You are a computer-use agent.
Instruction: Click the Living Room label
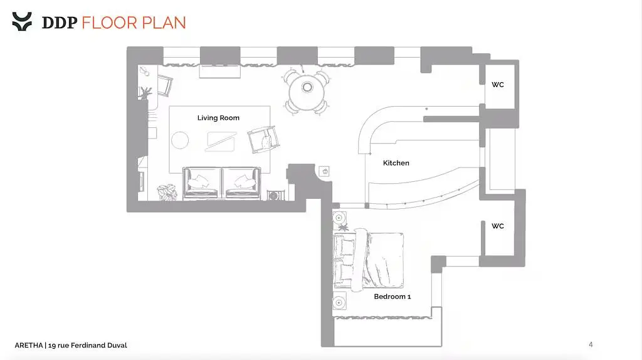coord(218,118)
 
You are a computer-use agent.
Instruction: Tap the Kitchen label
coord(396,163)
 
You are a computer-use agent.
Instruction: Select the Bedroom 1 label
coord(392,297)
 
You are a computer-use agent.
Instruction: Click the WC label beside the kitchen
coord(497,85)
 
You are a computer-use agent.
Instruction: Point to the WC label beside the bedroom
coord(497,226)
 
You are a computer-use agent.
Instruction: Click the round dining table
coord(307,92)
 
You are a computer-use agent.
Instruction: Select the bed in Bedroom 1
coord(368,260)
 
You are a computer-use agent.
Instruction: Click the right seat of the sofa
coord(241,183)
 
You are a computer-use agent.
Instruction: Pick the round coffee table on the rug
coord(180,140)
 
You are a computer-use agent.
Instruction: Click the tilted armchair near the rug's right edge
coord(263,139)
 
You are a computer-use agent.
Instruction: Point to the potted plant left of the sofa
coord(167,192)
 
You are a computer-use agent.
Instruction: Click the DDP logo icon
coord(22,21)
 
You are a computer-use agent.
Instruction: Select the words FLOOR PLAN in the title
coord(134,23)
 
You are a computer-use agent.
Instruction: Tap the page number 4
coord(591,344)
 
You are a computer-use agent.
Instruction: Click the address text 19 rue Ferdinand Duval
coord(88,345)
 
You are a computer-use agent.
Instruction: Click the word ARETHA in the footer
coord(29,345)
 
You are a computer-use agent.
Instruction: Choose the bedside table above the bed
coord(339,218)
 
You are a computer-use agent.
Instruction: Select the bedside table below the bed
coord(339,303)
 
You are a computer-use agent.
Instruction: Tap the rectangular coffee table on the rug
coord(221,142)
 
